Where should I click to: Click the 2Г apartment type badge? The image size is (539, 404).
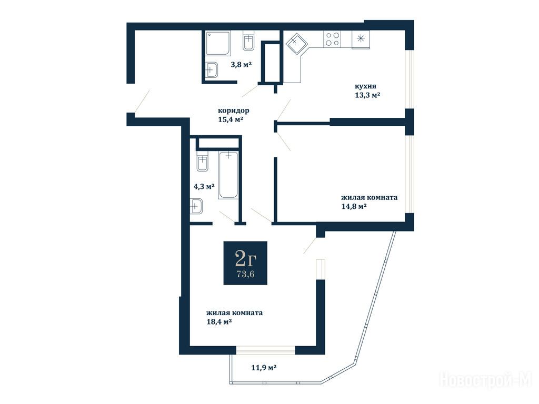coord(245,263)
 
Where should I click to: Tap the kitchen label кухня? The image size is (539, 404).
coord(365,86)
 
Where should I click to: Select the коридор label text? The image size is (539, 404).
coord(233,110)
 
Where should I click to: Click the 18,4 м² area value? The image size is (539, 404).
coord(218,322)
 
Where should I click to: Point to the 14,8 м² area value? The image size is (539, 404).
coord(353,206)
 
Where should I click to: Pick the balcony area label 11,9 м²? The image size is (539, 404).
coord(264,368)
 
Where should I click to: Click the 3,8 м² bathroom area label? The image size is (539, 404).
coord(241,64)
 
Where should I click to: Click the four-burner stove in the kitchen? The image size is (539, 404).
coord(332,39)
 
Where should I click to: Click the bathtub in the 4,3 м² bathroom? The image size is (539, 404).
coord(228,175)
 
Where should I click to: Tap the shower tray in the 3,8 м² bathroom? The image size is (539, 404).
coord(218,43)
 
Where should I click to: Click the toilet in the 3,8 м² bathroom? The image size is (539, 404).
coord(248,41)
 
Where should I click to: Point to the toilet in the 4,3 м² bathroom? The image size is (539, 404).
coord(203,161)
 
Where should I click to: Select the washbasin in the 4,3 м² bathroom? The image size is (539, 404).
coord(196,206)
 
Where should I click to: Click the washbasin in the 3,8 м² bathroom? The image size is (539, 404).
coord(212,70)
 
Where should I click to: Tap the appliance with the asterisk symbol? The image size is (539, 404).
coord(361,39)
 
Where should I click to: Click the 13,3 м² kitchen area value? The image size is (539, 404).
coord(367,95)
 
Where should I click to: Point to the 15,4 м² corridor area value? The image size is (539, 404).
coord(231,119)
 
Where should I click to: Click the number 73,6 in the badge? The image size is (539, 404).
coord(245,274)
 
